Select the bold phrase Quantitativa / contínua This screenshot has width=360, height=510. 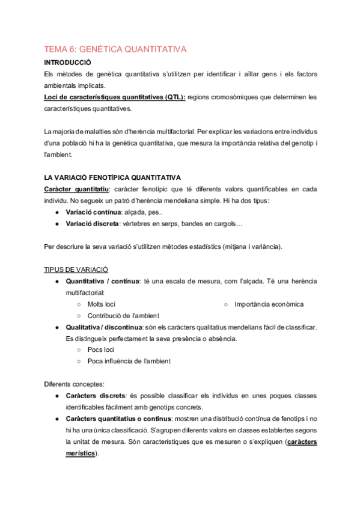(x=102, y=281)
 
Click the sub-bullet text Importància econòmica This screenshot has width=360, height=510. (x=269, y=304)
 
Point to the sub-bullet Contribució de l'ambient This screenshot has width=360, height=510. (x=123, y=316)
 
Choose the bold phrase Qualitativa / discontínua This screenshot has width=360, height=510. (x=103, y=327)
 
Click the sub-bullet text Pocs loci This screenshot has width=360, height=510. (x=100, y=349)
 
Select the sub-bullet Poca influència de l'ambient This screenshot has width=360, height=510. (x=129, y=361)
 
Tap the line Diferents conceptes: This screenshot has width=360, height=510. (x=75, y=384)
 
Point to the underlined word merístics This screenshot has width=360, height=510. (x=80, y=453)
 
